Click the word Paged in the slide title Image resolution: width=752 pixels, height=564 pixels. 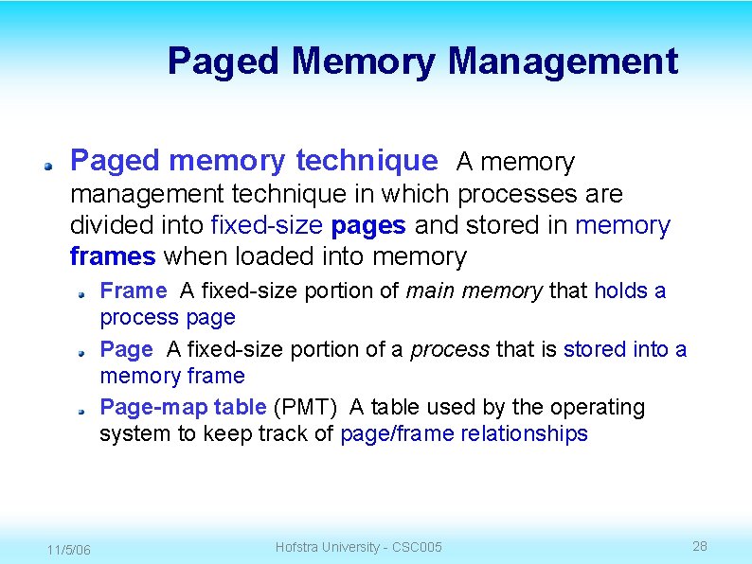224,62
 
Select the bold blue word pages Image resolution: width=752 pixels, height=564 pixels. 369,225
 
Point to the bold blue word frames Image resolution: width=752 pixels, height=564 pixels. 113,256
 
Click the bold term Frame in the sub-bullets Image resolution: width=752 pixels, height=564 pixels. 133,291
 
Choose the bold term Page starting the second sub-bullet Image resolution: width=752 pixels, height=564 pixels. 126,349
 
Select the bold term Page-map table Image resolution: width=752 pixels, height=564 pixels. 183,407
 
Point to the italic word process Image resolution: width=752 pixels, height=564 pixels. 449,349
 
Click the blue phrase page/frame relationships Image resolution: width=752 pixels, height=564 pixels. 463,433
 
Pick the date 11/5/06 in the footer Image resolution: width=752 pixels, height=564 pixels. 69,550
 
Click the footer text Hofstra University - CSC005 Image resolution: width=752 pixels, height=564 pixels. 358,547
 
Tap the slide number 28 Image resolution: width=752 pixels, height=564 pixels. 700,546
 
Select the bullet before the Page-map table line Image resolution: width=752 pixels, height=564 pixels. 82,410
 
